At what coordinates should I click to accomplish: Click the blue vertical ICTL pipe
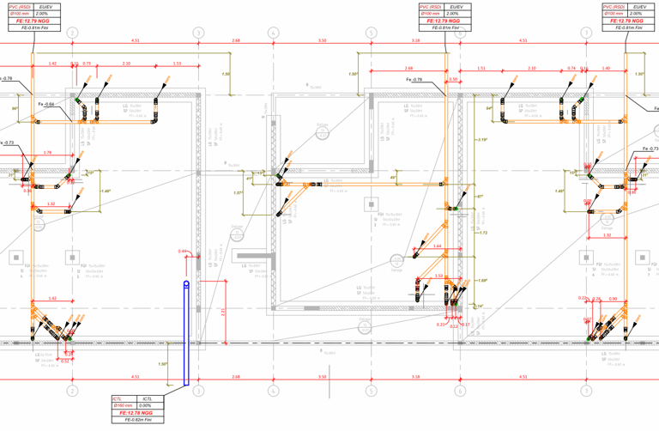tap(186, 335)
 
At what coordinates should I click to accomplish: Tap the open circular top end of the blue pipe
tap(186, 284)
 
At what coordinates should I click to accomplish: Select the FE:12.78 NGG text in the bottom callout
tap(136, 413)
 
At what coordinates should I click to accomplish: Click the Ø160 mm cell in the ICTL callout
tap(122, 405)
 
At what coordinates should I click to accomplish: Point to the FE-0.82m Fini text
tap(136, 421)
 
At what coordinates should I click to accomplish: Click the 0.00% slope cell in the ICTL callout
tap(148, 405)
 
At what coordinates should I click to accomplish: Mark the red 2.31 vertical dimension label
tap(223, 313)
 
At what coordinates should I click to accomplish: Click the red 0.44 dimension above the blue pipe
tap(182, 251)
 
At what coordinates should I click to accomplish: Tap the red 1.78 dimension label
tap(47, 153)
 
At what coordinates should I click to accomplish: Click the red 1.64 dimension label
tap(437, 246)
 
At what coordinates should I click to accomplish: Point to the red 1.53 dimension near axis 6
tap(438, 276)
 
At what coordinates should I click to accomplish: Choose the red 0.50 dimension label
tap(453, 80)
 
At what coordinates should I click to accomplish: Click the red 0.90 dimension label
tap(613, 299)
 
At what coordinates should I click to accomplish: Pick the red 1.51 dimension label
tap(481, 68)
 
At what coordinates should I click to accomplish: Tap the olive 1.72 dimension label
tap(483, 233)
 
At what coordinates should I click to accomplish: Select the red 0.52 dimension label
tap(65, 361)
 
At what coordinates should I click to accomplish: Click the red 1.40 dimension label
tap(606, 68)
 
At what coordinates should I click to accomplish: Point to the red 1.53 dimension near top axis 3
tap(177, 64)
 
